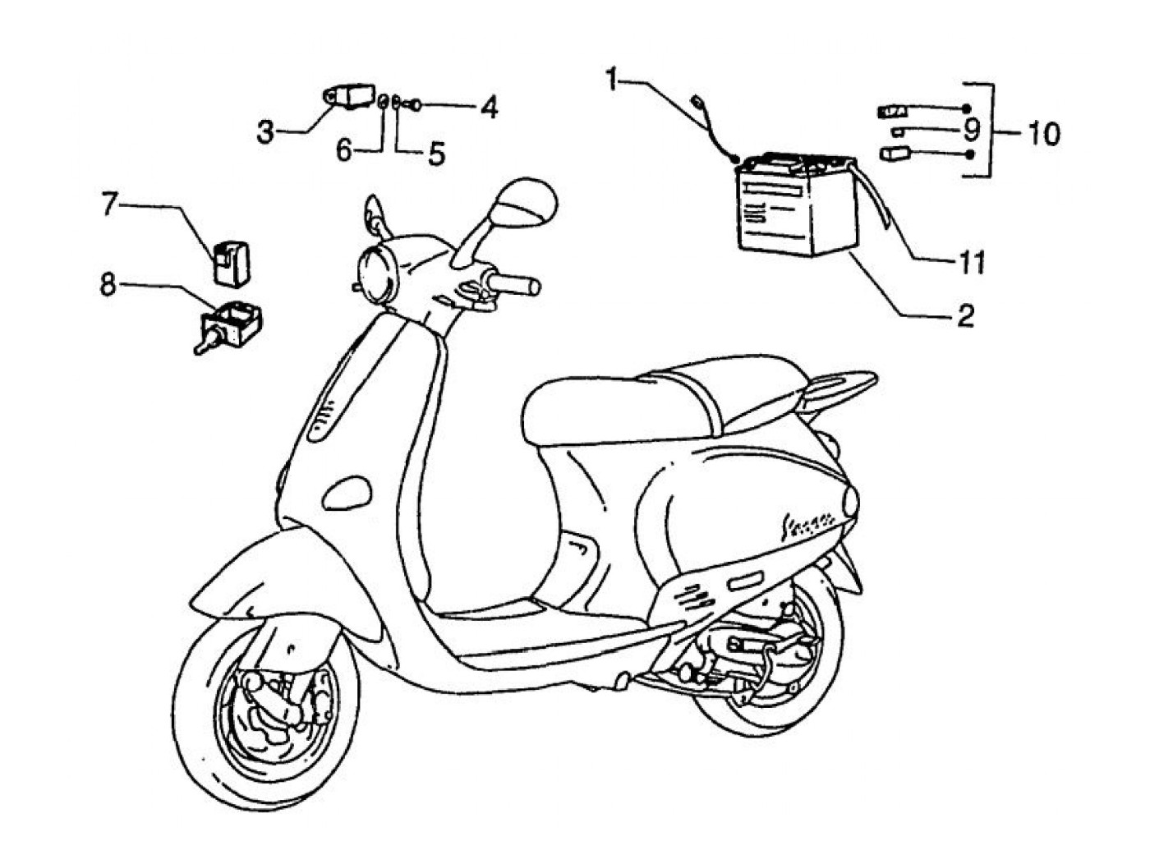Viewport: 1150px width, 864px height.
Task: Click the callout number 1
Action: click(612, 80)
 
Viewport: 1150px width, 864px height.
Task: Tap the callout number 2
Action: click(965, 315)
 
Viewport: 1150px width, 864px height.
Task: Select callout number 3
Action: click(264, 131)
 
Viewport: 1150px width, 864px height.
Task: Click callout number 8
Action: click(108, 285)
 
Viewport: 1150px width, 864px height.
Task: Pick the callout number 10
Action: click(1042, 133)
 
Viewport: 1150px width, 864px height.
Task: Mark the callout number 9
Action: click(972, 130)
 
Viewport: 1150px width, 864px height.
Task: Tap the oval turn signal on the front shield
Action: click(349, 490)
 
